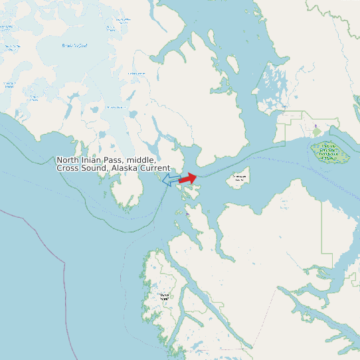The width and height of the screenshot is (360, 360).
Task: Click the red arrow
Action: [x=187, y=179]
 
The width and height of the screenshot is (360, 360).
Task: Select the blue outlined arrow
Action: [x=171, y=180]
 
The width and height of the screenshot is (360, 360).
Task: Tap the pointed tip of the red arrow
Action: [x=197, y=177]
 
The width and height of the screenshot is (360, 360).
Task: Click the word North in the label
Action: [x=68, y=160]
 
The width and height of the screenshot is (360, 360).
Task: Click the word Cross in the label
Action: [x=68, y=168]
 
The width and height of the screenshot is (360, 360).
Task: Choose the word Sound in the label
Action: [x=93, y=168]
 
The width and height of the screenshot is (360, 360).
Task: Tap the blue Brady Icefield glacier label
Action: [x=74, y=45]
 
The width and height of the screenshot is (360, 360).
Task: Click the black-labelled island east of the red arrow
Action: [x=239, y=177]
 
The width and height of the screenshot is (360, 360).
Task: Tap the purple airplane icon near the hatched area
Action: [x=316, y=126]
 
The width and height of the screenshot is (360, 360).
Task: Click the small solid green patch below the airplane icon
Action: [x=317, y=133]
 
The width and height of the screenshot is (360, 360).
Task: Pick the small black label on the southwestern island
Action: [x=165, y=296]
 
